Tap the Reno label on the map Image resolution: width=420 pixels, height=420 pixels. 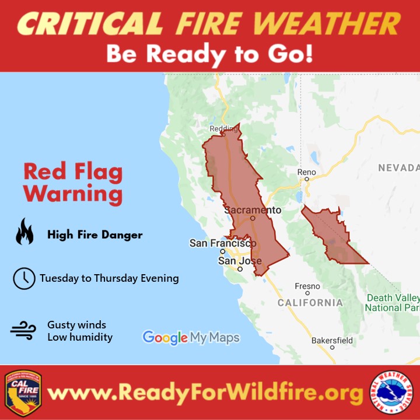tap(306, 172)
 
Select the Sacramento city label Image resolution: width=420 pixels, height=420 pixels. tap(253, 210)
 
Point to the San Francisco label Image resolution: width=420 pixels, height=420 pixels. tap(223, 243)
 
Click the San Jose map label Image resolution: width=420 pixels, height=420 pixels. tap(240, 261)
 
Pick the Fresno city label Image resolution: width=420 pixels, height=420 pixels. tap(307, 286)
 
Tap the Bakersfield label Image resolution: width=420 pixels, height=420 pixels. tap(332, 339)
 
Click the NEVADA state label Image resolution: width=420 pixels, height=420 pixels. tap(398, 168)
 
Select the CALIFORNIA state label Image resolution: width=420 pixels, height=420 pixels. tap(310, 303)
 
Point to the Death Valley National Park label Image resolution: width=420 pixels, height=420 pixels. tap(393, 302)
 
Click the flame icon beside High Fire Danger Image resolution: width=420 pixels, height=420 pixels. tap(24, 232)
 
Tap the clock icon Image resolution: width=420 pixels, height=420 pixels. tap(24, 278)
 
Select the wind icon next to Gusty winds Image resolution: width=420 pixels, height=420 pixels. tap(23, 331)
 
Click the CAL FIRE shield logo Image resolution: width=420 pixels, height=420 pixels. tap(23, 392)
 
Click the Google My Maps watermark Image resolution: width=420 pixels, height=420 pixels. tap(191, 337)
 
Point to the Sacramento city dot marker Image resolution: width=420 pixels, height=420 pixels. tap(253, 218)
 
